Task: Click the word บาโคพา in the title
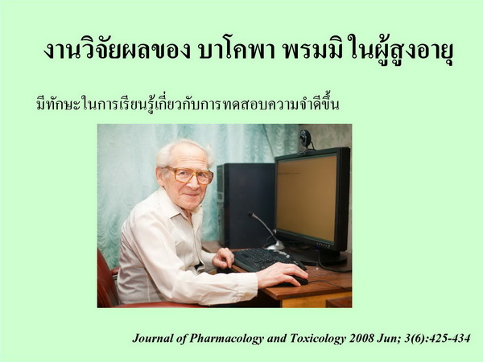coord(237,51)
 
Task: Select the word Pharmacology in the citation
coord(226,339)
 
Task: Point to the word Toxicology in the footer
coord(318,339)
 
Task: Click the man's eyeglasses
coord(190,175)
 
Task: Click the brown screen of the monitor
coord(306,197)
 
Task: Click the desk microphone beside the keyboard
coord(267,231)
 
